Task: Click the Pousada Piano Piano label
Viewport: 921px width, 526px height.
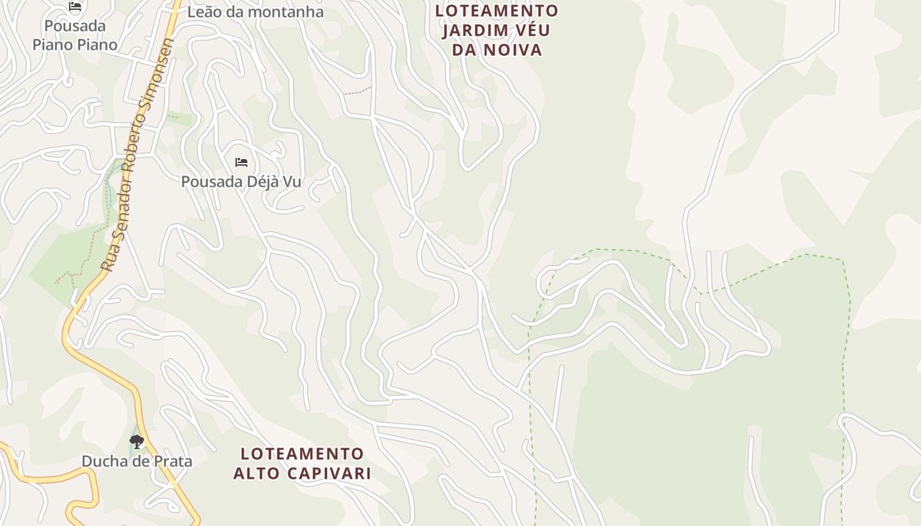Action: click(x=75, y=36)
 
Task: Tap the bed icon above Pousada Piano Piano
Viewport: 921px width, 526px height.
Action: click(x=75, y=7)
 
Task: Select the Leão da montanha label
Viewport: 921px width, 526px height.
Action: click(x=255, y=12)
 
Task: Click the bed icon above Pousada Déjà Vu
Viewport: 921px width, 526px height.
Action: click(x=241, y=162)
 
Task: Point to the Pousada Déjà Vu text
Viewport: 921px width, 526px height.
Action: click(x=241, y=181)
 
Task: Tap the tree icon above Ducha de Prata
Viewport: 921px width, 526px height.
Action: click(x=137, y=441)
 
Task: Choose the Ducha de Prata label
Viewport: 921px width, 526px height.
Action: click(x=137, y=461)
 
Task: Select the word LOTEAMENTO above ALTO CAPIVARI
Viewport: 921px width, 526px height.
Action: click(x=302, y=454)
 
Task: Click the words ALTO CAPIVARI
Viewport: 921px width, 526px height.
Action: click(x=302, y=473)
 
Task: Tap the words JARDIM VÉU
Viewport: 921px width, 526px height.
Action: click(x=496, y=30)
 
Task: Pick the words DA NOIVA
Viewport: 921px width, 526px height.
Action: click(x=497, y=50)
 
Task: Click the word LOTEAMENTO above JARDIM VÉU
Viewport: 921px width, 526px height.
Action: click(x=497, y=11)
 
